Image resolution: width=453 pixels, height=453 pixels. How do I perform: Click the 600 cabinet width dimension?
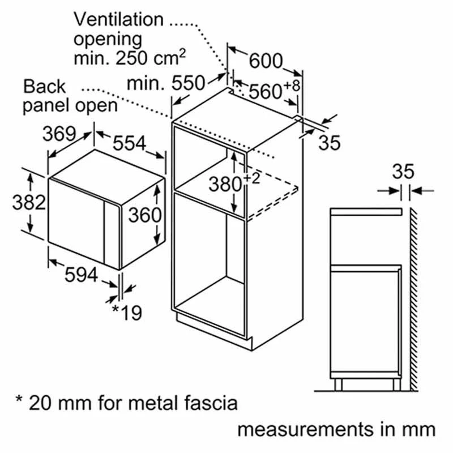[266, 61]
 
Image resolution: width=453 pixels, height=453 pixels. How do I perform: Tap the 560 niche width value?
[265, 92]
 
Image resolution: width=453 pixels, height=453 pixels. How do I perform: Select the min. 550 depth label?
[166, 83]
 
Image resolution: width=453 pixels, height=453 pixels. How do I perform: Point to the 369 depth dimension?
[59, 134]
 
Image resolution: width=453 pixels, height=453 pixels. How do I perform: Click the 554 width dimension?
[129, 143]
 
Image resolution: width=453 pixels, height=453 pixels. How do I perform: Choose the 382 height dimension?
[29, 202]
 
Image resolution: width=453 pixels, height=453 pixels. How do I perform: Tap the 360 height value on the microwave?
[144, 215]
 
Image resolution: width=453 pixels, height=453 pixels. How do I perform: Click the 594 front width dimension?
[81, 275]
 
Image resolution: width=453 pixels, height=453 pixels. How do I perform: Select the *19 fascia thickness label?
[127, 313]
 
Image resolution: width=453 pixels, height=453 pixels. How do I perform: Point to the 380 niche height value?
[225, 185]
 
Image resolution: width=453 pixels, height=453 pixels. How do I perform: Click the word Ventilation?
[119, 20]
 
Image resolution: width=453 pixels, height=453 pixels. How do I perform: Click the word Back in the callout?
[45, 86]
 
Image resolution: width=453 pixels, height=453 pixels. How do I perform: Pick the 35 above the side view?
[403, 172]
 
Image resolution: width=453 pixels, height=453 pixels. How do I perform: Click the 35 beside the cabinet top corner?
[330, 143]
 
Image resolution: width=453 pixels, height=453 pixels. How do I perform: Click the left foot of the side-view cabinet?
[338, 385]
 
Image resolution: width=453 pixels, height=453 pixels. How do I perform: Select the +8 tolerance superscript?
[292, 86]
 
